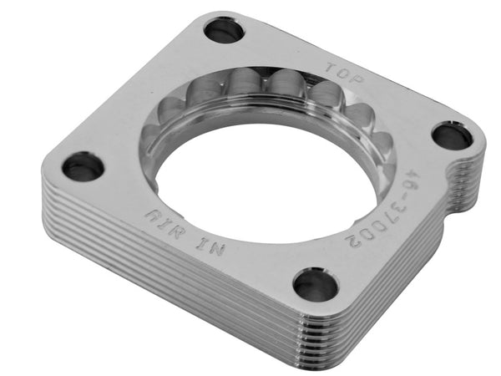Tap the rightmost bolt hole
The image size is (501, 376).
point(453,135)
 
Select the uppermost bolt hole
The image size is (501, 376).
point(224,32)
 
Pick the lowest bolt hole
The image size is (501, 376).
point(315,285)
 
